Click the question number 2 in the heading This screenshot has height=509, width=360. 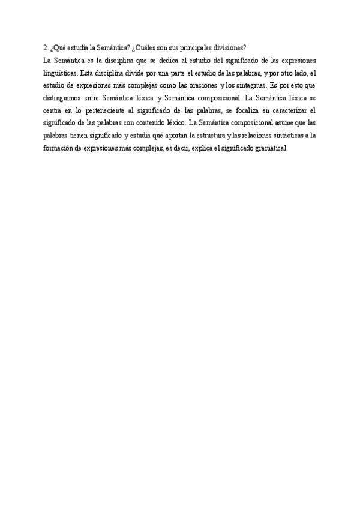pyautogui.click(x=46, y=48)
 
